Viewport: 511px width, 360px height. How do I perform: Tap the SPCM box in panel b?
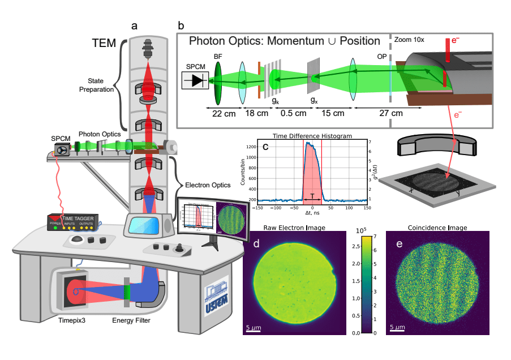tap(197, 80)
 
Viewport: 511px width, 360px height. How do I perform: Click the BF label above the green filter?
tap(218, 56)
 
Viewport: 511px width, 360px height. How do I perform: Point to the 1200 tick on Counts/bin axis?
tap(252, 147)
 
